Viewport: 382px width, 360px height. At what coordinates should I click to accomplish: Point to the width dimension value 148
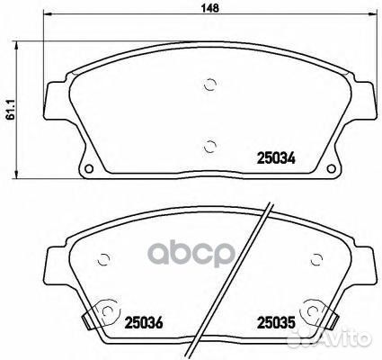pyautogui.click(x=209, y=8)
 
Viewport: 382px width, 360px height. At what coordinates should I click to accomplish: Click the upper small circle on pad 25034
pyautogui.click(x=209, y=85)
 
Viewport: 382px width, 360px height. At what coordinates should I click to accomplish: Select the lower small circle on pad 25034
pyautogui.click(x=209, y=148)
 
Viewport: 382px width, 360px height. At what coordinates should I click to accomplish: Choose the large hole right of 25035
pyautogui.click(x=312, y=311)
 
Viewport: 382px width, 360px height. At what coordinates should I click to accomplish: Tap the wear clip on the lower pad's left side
pyautogui.click(x=85, y=319)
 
